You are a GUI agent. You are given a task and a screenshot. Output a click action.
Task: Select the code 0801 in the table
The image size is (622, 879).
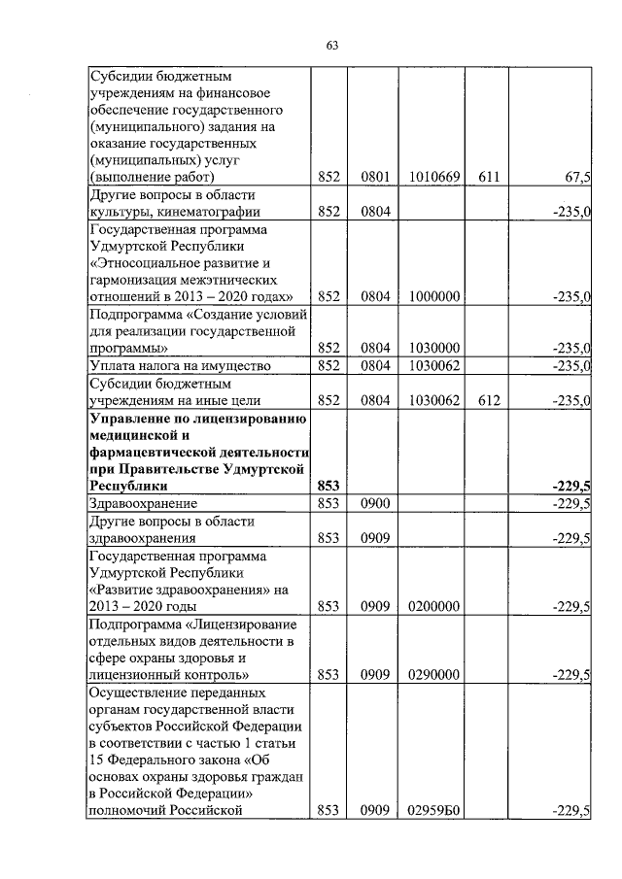[374, 178]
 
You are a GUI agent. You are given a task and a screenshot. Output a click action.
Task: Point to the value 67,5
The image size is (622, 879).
[577, 178]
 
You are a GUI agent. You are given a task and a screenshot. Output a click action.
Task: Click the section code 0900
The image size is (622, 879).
[374, 503]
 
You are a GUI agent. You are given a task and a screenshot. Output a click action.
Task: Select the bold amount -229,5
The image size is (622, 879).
[571, 486]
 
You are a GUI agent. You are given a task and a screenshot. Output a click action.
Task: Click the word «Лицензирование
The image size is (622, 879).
[244, 624]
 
